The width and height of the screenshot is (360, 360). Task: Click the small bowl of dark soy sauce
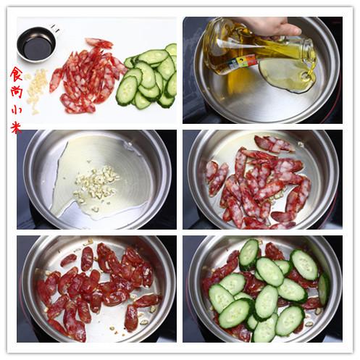(36, 45)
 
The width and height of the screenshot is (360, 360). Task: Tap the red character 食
(16, 75)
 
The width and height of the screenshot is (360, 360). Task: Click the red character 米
(16, 127)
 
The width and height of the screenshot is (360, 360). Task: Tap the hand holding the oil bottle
(268, 26)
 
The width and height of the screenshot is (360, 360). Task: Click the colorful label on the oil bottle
(241, 62)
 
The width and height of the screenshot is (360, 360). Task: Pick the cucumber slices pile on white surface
(147, 76)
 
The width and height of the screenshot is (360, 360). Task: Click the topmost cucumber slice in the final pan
(249, 254)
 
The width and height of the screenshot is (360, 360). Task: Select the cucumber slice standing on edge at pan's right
(324, 289)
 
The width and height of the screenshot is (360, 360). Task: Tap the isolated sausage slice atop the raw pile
(99, 43)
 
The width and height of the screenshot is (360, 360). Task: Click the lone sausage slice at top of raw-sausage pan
(274, 143)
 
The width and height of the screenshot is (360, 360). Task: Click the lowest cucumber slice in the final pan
(264, 328)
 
